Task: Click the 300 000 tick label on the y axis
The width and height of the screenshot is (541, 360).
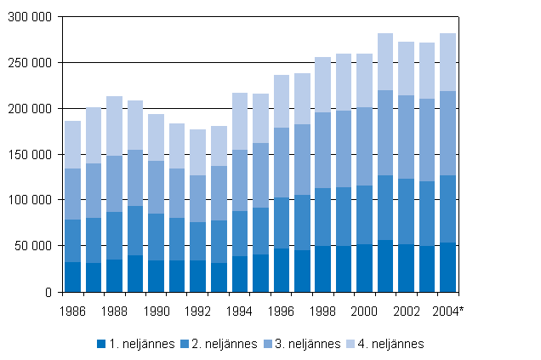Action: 29,17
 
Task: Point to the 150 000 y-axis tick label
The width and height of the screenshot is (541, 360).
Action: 29,154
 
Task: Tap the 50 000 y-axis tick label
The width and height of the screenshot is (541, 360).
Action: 32,246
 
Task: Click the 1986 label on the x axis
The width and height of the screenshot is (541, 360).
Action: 73,311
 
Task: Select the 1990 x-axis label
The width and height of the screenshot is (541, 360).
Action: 157,311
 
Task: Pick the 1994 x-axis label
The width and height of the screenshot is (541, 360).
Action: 240,311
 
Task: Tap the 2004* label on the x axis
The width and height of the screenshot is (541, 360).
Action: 449,311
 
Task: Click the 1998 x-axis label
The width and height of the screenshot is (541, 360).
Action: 323,311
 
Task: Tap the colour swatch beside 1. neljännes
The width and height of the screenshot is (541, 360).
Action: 101,344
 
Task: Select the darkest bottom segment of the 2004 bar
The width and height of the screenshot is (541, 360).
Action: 448,267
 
